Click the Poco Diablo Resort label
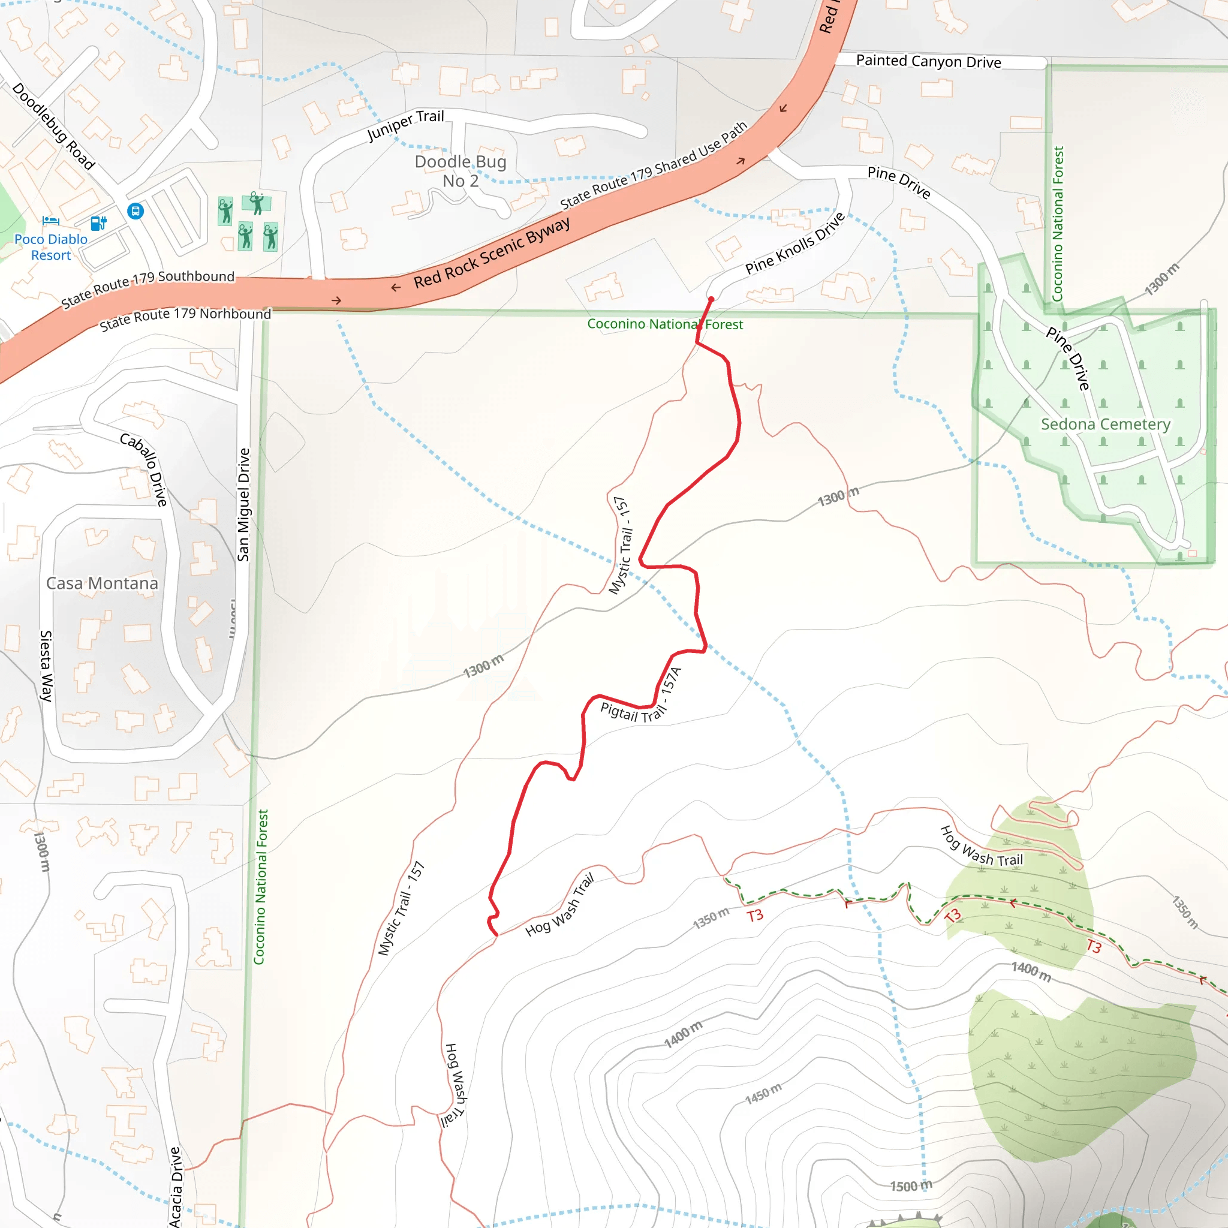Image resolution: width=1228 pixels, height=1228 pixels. pos(51,247)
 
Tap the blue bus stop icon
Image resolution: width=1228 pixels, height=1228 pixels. pos(136,211)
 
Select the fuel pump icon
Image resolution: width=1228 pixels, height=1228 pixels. pos(98,222)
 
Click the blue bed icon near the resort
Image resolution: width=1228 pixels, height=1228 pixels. pos(51,221)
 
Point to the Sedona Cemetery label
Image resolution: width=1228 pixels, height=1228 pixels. pos(1105,424)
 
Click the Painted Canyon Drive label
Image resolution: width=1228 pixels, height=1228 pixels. pos(928,61)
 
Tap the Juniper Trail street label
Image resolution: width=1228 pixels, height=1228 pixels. pos(405,125)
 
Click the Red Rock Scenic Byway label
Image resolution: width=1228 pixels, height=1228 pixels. pos(492,253)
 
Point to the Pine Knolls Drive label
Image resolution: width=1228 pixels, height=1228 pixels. pos(795,243)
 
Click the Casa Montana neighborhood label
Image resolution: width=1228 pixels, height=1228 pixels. pos(103,583)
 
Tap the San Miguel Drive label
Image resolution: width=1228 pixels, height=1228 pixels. pos(243,505)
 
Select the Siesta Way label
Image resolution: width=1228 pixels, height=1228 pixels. pos(46,666)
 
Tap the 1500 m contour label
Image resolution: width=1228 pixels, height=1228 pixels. pos(911,1186)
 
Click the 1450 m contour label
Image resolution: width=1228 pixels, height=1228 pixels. pos(763,1093)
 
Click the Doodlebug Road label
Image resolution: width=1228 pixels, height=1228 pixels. pos(54,127)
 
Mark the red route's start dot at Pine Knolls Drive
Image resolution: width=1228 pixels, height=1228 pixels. pos(711,299)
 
